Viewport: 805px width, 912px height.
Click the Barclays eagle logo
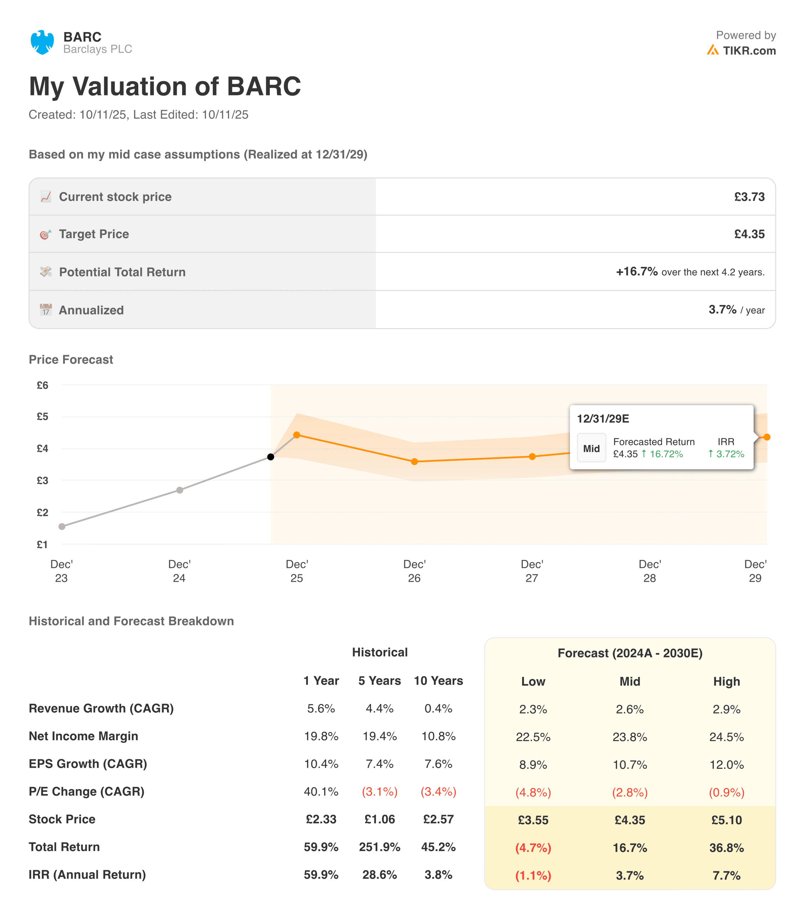tap(42, 42)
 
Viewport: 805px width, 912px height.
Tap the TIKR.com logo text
tap(749, 51)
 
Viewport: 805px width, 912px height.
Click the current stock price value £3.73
tap(749, 197)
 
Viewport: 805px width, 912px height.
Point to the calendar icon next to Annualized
tap(46, 310)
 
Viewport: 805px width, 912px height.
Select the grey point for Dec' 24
tap(179, 490)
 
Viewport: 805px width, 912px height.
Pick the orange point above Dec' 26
tap(414, 461)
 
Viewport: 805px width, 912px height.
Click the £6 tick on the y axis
tap(42, 385)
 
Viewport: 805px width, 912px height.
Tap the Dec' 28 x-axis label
tap(650, 571)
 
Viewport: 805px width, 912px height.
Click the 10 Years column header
tap(438, 680)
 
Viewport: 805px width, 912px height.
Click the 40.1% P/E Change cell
tap(321, 791)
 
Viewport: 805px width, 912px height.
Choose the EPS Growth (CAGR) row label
tap(88, 763)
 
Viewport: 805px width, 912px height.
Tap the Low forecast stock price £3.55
tap(533, 820)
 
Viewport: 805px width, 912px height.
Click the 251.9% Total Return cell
tap(380, 846)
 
